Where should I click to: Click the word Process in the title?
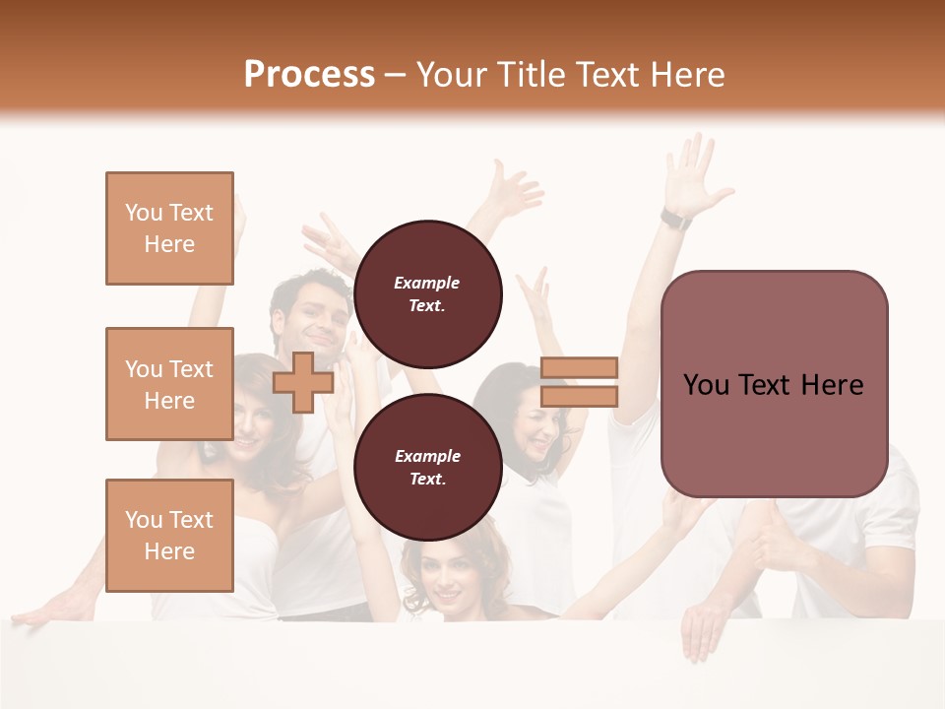tap(309, 74)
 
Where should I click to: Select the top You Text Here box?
tap(169, 228)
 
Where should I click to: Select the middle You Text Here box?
tap(169, 384)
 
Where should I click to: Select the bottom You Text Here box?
tap(169, 535)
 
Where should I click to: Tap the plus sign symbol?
tap(303, 382)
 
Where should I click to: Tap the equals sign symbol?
tap(579, 382)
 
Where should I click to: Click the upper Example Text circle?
tap(427, 293)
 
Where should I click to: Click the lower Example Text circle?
tap(427, 467)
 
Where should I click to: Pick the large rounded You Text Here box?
tap(774, 384)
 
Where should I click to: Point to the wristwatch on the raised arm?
tap(675, 218)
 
